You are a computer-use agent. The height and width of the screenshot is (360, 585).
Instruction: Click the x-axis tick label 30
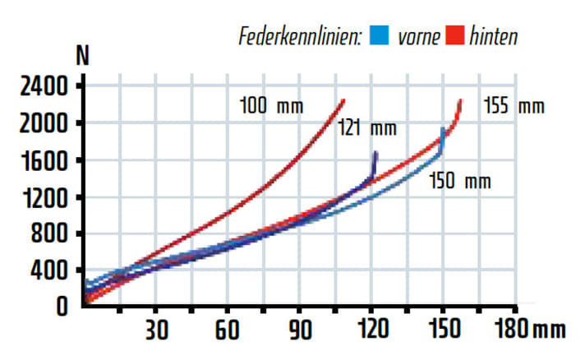click(x=157, y=330)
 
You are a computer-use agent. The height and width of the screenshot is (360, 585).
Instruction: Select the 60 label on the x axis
click(x=228, y=330)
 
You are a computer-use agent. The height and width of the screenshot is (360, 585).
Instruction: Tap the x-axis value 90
click(x=301, y=330)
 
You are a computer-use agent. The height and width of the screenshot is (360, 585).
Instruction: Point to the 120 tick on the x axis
click(x=372, y=330)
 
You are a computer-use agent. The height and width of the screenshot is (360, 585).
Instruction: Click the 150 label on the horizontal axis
click(x=444, y=330)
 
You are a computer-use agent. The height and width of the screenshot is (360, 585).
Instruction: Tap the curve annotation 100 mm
click(x=271, y=106)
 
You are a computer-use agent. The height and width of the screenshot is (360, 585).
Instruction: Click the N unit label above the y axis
click(x=82, y=57)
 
